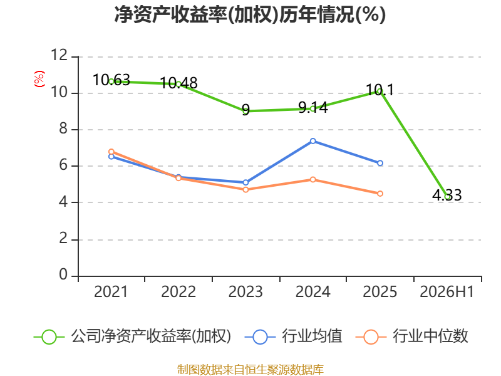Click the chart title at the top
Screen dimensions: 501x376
250,14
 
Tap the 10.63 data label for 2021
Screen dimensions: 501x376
111,80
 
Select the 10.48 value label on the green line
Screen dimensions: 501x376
178,83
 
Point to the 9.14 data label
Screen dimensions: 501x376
313,107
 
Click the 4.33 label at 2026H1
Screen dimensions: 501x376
447,195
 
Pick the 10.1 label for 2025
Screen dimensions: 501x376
380,90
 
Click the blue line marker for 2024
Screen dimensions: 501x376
312,141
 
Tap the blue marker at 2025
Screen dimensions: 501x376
380,163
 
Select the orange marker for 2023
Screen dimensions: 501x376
245,190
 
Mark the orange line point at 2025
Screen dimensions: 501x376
380,194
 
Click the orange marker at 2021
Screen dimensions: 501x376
111,152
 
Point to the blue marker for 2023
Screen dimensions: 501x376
245,182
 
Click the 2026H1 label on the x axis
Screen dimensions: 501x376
447,292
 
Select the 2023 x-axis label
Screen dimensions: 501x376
245,292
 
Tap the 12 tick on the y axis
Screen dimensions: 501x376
59,55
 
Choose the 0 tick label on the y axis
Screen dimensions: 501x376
63,274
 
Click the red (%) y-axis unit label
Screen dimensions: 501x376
39,79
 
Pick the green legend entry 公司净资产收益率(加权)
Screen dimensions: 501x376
132,337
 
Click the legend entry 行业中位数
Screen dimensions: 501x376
411,337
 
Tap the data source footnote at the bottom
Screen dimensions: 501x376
250,370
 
